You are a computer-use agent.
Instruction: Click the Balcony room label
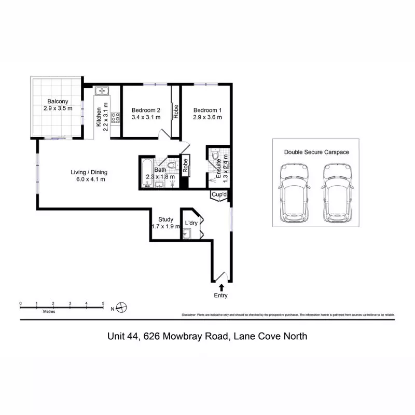point(58,101)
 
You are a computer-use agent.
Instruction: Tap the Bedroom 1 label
point(208,110)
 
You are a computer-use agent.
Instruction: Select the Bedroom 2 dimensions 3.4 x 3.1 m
point(146,118)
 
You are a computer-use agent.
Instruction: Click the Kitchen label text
point(99,117)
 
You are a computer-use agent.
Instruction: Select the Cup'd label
point(219,195)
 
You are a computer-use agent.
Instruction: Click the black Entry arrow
point(222,287)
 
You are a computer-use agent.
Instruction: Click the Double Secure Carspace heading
point(316,152)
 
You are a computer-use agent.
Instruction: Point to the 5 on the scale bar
point(103,303)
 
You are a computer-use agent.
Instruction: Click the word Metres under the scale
point(49,312)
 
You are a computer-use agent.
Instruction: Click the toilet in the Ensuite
point(215,155)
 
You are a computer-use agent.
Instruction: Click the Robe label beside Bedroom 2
point(176,112)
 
